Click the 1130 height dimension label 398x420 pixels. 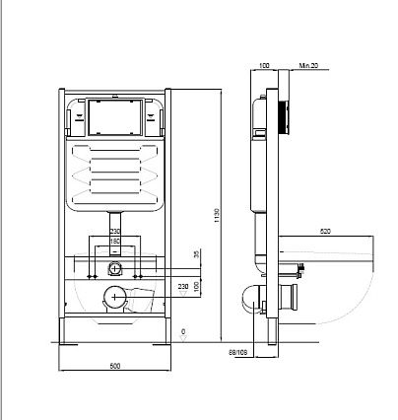click(217, 216)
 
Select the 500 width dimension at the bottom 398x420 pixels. click(115, 366)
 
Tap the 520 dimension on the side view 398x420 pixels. click(325, 232)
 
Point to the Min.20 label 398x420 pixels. click(308, 66)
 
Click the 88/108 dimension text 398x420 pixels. click(238, 353)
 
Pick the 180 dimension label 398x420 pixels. click(115, 242)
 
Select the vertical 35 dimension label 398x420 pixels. click(197, 254)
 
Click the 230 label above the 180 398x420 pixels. click(115, 232)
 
